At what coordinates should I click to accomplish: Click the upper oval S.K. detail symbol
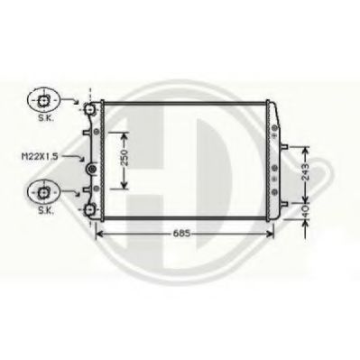pos(42,99)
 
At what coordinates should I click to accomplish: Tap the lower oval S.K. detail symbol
pos(42,189)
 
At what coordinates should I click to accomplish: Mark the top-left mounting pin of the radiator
pos(89,109)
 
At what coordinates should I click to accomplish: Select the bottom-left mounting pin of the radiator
pos(89,211)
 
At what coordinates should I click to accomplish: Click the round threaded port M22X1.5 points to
pos(89,168)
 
